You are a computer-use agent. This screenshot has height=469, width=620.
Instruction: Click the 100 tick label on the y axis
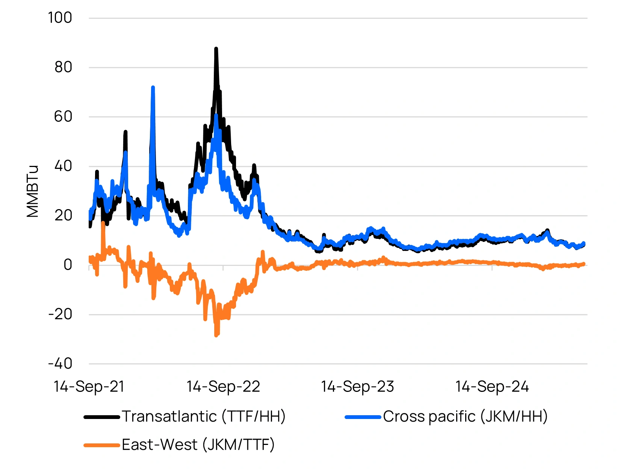(x=60, y=18)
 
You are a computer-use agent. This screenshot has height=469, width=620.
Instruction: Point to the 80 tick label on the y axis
(x=63, y=67)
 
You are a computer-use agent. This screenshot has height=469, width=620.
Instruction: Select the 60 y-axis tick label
(x=63, y=117)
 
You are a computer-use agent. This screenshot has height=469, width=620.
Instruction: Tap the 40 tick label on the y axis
(x=63, y=166)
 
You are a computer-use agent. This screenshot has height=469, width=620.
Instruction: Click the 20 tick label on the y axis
(x=63, y=216)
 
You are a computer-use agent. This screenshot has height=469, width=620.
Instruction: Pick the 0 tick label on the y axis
(x=68, y=265)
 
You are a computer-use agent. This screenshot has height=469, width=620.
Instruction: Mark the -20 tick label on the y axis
(x=60, y=314)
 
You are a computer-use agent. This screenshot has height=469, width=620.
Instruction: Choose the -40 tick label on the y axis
(x=60, y=364)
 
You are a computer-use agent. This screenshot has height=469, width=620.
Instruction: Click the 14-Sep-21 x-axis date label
(x=89, y=387)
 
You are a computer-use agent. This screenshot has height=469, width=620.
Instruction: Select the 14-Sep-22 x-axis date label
(x=223, y=387)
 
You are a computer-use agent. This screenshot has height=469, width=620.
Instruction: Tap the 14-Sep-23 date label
(x=357, y=387)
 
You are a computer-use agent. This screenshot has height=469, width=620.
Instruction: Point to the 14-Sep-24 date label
(x=492, y=387)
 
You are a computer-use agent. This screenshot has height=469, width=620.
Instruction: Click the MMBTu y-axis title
(x=33, y=191)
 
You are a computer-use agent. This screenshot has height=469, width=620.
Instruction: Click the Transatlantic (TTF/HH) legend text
(x=204, y=416)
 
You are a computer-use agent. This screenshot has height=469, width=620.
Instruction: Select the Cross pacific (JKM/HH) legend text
(x=465, y=416)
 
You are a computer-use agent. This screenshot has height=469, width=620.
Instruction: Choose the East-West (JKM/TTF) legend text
(x=198, y=445)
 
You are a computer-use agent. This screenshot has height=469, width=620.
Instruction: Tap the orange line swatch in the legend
(x=102, y=445)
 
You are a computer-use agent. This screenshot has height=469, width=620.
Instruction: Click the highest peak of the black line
(x=216, y=49)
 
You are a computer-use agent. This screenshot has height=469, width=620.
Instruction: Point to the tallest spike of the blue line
(x=153, y=88)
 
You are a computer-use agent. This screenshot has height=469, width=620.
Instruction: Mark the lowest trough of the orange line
(x=216, y=335)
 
